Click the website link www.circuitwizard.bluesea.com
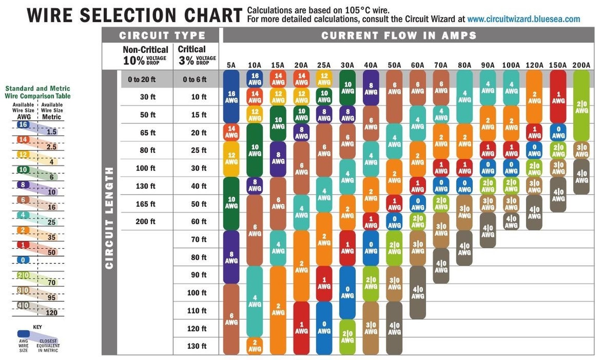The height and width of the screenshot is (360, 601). (523, 19)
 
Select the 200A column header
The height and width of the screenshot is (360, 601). (581, 65)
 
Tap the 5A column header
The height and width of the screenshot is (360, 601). (231, 65)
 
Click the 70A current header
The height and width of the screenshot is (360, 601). (441, 65)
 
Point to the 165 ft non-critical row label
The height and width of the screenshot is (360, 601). (145, 204)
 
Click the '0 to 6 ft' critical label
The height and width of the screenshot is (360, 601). (195, 80)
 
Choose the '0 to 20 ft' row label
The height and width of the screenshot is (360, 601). (142, 80)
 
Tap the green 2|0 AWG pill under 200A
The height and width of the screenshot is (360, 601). (581, 107)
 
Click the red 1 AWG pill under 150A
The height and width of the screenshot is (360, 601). (558, 97)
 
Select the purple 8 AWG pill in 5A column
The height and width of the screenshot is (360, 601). (231, 257)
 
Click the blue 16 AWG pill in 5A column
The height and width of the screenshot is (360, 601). (231, 96)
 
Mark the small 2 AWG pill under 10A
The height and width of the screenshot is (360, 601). (254, 346)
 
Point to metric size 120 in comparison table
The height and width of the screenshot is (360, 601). (51, 312)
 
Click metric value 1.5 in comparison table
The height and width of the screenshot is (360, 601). (51, 132)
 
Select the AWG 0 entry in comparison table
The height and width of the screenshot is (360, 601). (23, 260)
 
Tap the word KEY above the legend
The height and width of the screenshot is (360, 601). (38, 327)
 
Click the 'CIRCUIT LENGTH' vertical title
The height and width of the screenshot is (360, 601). (109, 218)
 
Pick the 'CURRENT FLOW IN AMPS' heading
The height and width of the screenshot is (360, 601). (399, 36)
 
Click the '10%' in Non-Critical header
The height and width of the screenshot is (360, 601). (133, 60)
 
